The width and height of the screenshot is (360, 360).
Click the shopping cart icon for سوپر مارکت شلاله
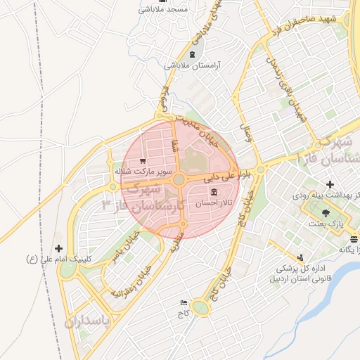tap(143, 160)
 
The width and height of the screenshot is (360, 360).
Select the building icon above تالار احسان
tap(213, 192)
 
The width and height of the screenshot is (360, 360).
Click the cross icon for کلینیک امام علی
tap(58, 248)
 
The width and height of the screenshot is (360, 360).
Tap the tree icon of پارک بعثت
tap(325, 212)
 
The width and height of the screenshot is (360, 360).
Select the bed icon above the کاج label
tap(184, 302)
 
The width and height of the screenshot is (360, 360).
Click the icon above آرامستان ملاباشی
tap(192, 54)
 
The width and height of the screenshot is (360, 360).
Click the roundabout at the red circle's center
tap(179, 181)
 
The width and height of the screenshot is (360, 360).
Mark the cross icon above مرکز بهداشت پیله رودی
tap(330, 184)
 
